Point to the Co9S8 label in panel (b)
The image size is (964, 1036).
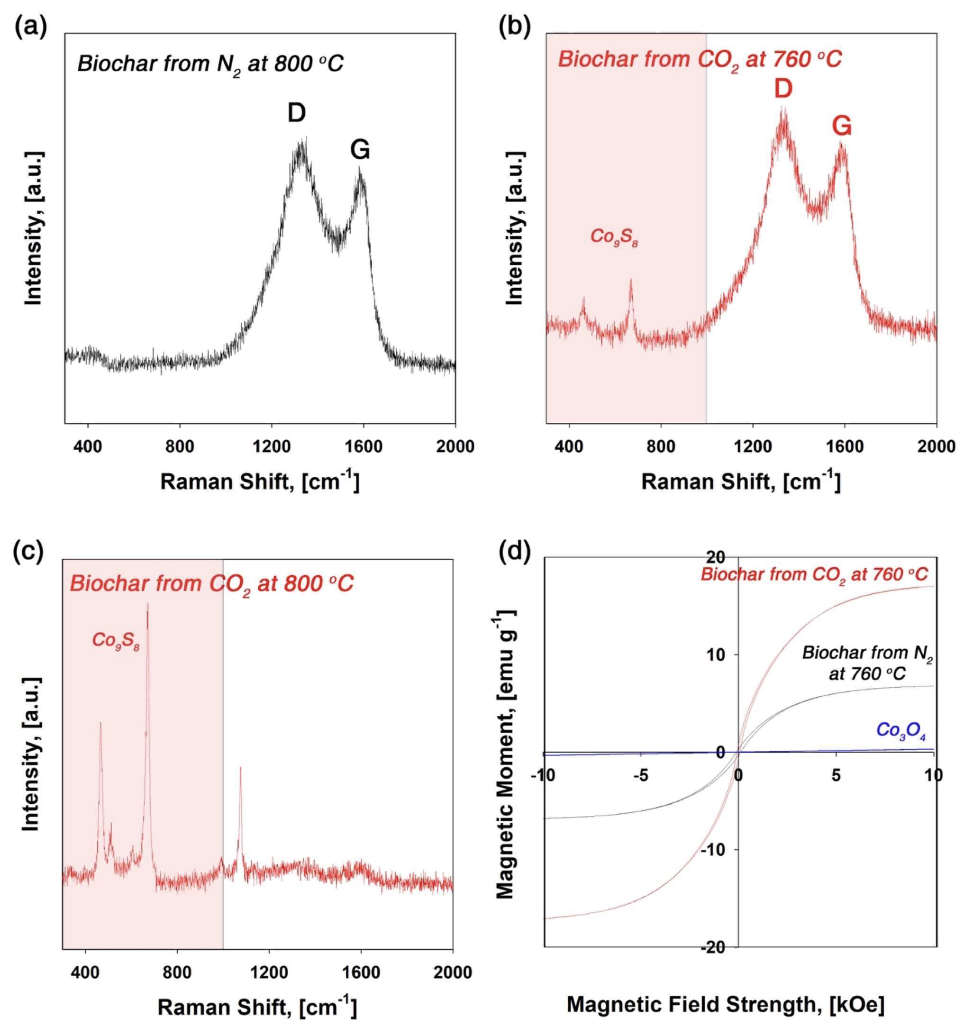613,237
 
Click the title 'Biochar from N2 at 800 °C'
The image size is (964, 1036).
210,64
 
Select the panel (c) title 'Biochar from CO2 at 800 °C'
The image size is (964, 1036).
211,584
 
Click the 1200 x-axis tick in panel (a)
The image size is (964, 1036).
272,446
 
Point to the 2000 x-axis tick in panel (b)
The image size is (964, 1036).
937,446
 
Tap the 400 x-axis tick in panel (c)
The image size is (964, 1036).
85,972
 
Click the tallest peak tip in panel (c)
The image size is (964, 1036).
147,603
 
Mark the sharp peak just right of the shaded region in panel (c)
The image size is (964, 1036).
240,767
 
